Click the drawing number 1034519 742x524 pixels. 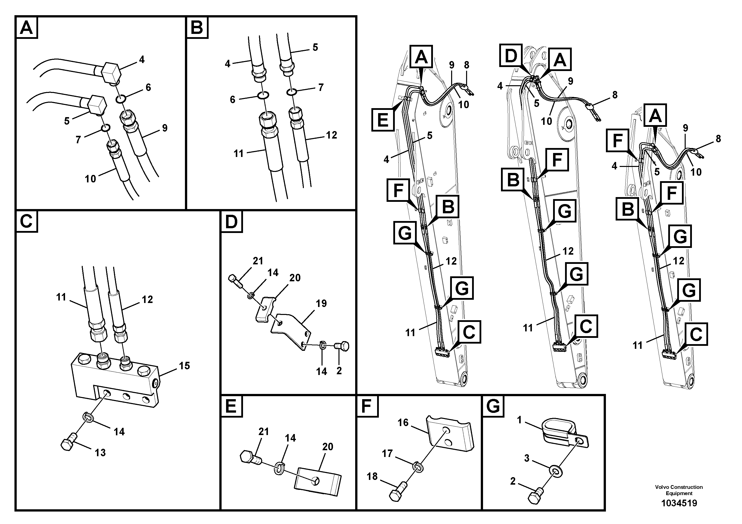(x=679, y=503)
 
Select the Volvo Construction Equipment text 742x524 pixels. (x=679, y=490)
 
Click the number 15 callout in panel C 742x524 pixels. (x=184, y=366)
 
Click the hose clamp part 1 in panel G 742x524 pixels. (x=560, y=431)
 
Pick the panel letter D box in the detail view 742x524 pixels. (x=231, y=222)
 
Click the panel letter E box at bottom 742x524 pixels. (x=231, y=406)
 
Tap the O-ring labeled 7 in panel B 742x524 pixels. (x=292, y=92)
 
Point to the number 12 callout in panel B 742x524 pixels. (x=331, y=135)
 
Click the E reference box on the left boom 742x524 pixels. (x=383, y=120)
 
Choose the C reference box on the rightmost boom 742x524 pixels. (x=696, y=334)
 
